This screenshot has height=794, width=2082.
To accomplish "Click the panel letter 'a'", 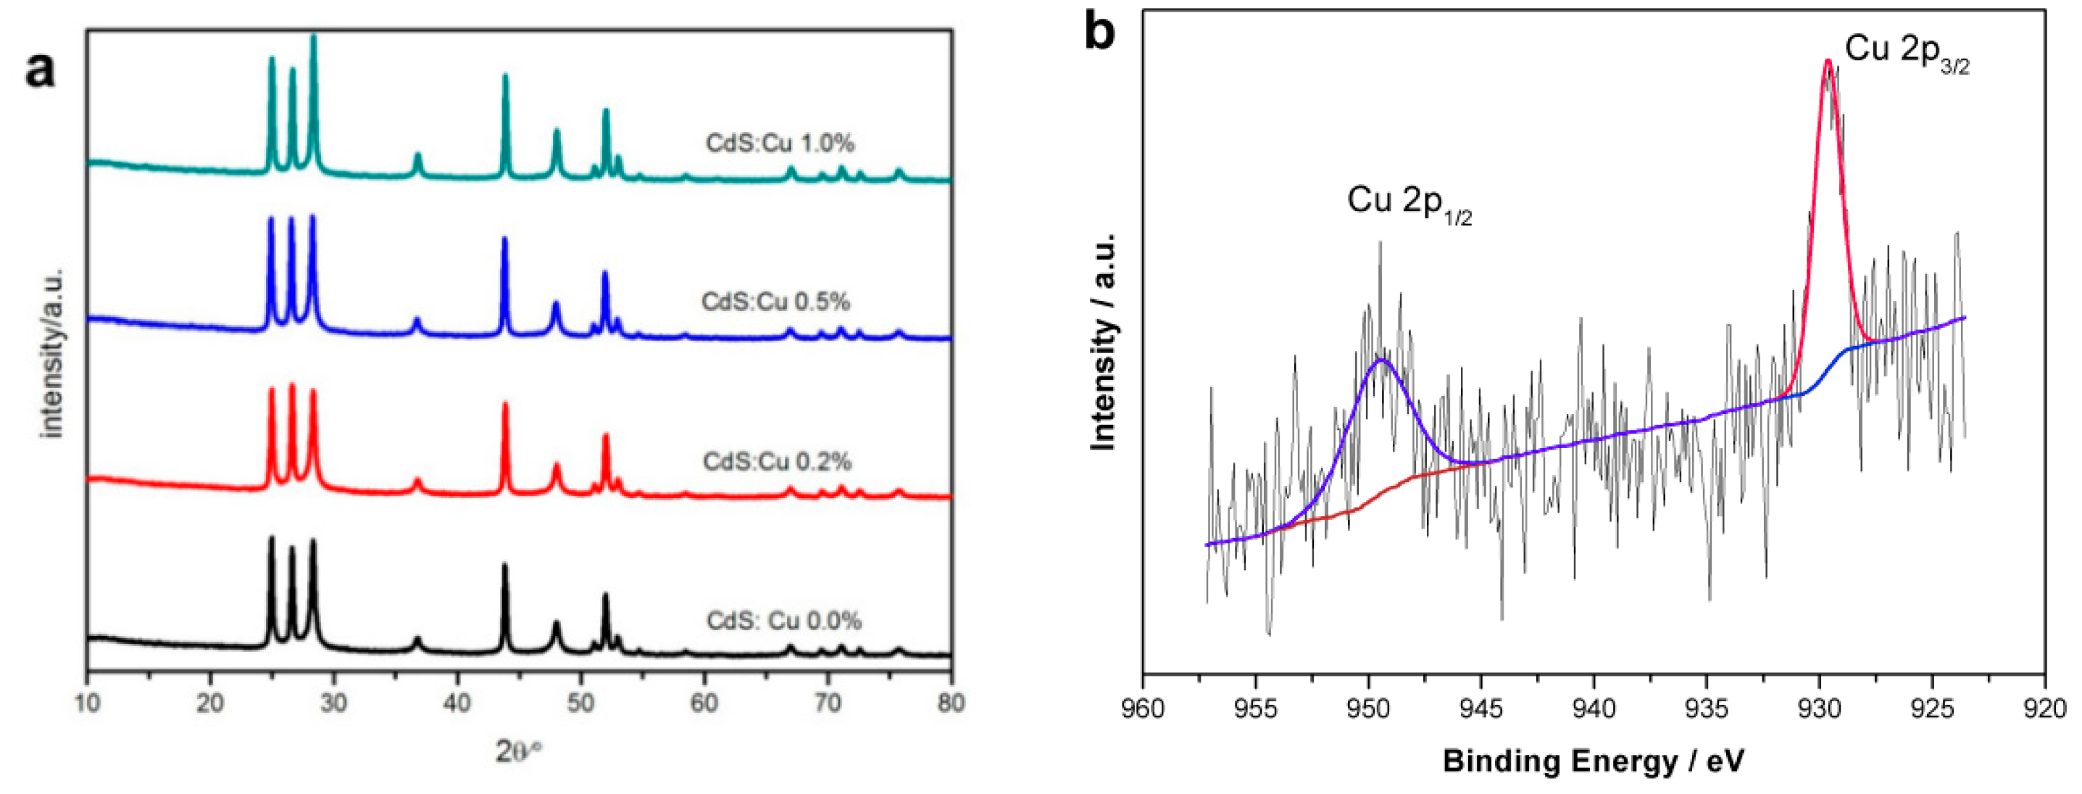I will [x=41, y=69].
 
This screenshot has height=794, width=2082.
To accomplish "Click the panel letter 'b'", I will [x=1100, y=33].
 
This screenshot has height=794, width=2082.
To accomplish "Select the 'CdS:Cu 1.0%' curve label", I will [x=779, y=143].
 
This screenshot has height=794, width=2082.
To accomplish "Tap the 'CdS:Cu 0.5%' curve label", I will [x=775, y=302].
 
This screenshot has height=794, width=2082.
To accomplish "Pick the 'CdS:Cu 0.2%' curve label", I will [x=777, y=462].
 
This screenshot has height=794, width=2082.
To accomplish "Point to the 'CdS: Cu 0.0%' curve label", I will [x=783, y=621].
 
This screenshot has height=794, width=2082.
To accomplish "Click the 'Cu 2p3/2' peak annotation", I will [x=1906, y=51].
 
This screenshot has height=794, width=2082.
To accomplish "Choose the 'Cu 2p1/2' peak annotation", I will [x=1408, y=202].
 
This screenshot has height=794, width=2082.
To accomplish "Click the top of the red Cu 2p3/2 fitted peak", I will [x=1828, y=62].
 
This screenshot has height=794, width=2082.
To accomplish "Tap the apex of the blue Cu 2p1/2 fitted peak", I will [x=1383, y=360].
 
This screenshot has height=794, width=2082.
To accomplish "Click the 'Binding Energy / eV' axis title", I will [x=1593, y=761].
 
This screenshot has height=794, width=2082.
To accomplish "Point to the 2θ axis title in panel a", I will [x=517, y=752].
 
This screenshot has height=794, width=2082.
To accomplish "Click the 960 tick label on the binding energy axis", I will [x=1142, y=709].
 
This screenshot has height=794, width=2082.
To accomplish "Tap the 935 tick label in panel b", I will [x=1706, y=709].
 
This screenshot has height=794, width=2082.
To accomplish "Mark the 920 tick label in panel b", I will [x=2045, y=709].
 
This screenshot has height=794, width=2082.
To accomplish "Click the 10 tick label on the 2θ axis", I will [x=87, y=703].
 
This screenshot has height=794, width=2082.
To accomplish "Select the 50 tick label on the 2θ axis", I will [x=580, y=703].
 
